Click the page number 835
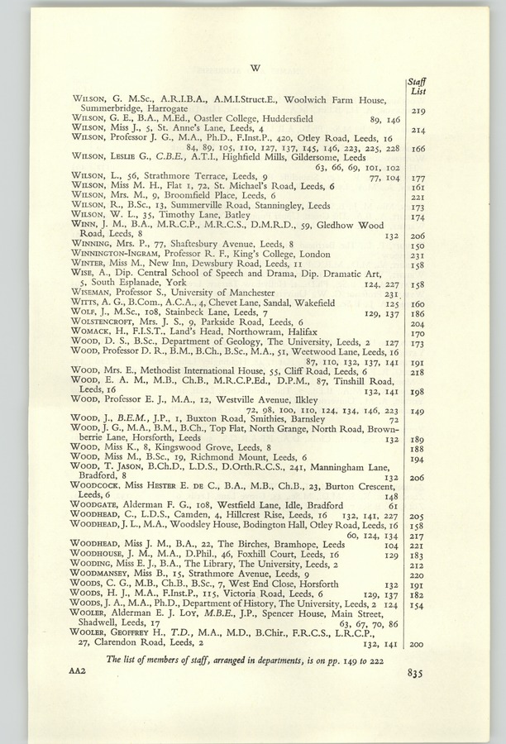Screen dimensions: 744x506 click(414, 673)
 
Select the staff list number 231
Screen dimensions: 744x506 click(417, 255)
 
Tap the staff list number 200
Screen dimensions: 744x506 click(417, 644)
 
